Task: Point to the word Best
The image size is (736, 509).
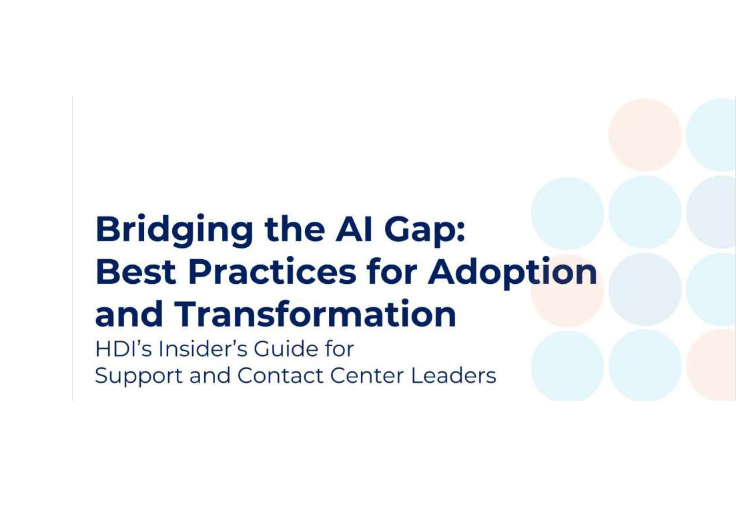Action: [x=136, y=272]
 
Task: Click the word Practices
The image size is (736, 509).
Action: [x=272, y=272]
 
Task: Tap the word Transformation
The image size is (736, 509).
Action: [x=316, y=313]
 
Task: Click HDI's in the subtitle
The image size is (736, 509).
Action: [x=123, y=349]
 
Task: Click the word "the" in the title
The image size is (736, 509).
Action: [x=294, y=228]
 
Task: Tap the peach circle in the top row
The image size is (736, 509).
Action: [x=645, y=135]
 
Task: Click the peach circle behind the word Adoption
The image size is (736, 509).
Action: [x=567, y=290]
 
